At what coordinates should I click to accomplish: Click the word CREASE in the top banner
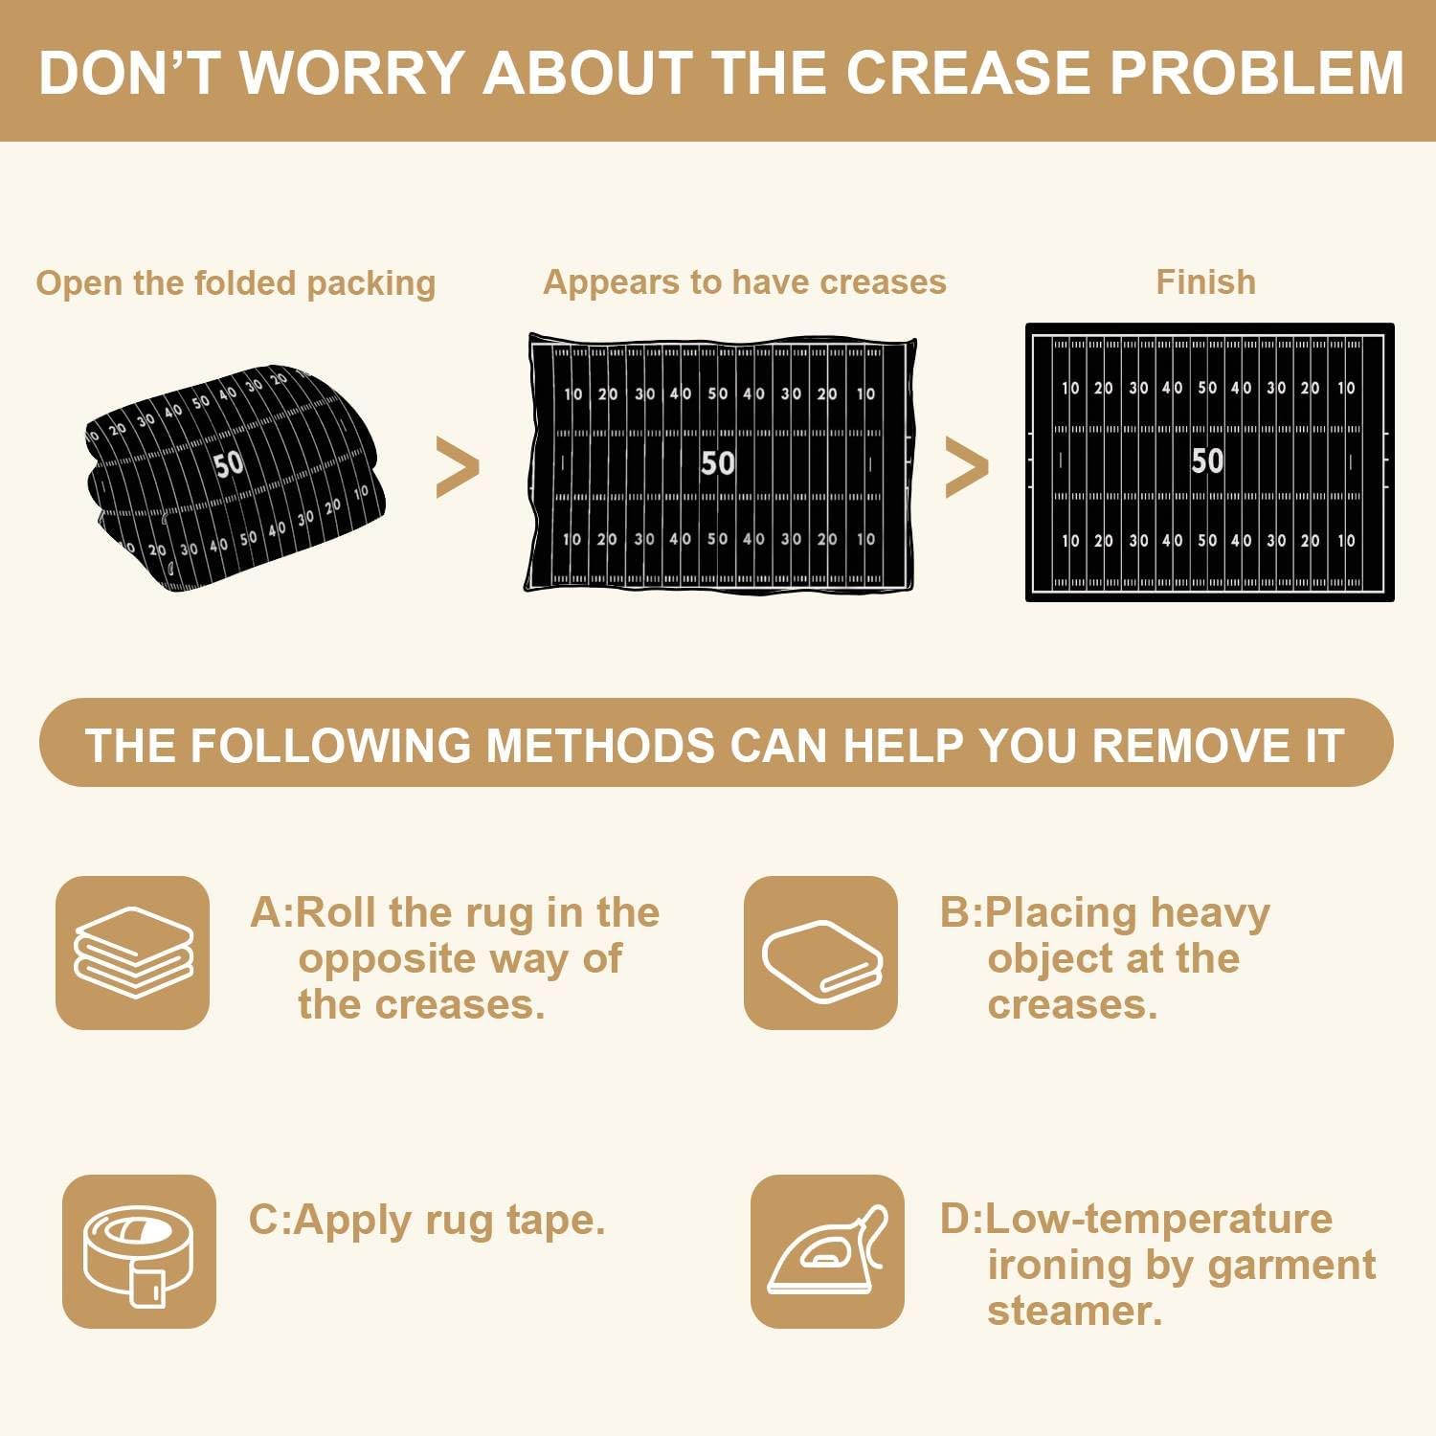(968, 73)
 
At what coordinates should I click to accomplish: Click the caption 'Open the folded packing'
(236, 283)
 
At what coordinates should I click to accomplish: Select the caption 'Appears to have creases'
(745, 282)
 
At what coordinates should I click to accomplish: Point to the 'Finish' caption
(1206, 282)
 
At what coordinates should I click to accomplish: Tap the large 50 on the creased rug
(718, 463)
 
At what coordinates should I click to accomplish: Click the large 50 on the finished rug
(1207, 460)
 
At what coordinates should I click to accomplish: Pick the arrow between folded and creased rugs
(458, 467)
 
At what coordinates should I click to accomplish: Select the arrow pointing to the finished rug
(967, 467)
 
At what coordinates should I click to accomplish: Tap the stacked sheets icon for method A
(133, 953)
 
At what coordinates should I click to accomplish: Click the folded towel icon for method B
(821, 953)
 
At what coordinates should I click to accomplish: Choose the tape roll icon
(139, 1251)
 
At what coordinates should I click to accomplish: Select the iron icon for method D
(827, 1251)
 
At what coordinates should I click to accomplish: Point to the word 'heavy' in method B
(1210, 914)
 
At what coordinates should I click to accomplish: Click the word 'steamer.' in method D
(1075, 1311)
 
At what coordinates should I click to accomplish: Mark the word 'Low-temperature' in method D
(1158, 1220)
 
